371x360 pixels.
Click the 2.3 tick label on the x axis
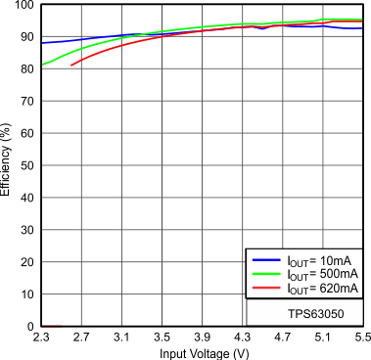click(x=41, y=337)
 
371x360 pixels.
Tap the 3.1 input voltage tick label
click(x=121, y=337)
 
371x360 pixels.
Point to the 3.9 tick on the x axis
click(x=202, y=337)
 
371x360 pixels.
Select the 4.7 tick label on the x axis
click(x=282, y=337)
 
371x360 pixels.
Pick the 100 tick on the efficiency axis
click(x=23, y=6)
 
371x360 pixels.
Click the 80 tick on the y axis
click(x=26, y=69)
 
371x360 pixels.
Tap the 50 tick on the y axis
click(x=26, y=165)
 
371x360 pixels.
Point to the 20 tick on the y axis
click(x=26, y=262)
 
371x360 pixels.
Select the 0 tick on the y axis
click(x=30, y=326)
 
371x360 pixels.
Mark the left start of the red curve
click(x=71, y=66)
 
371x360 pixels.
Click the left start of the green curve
click(x=41, y=66)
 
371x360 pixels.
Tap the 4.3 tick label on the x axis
click(x=242, y=337)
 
